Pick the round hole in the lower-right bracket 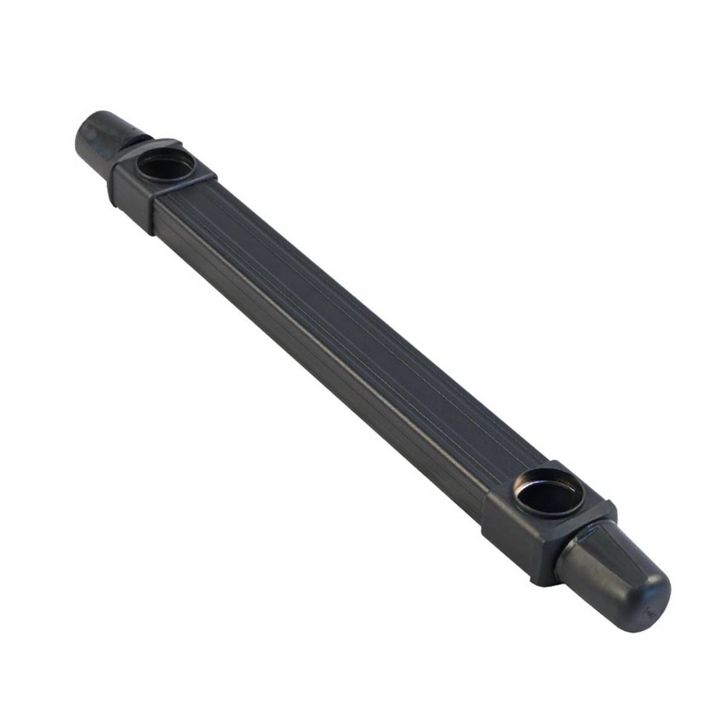(549, 493)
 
